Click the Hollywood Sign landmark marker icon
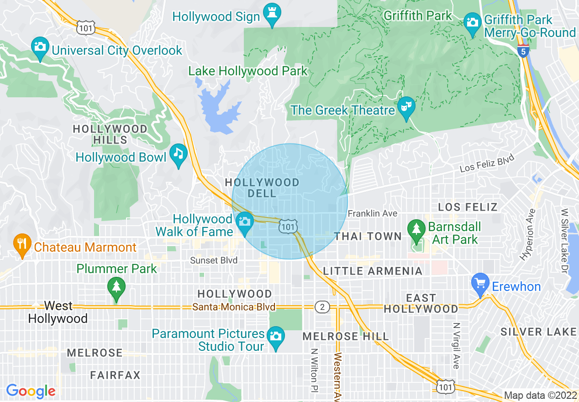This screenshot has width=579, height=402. (273, 15)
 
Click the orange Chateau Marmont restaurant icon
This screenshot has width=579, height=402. (21, 244)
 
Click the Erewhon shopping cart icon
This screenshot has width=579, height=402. (480, 284)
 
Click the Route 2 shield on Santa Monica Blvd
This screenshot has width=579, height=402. (322, 307)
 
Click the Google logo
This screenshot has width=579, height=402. (31, 391)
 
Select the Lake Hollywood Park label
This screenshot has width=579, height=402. (248, 71)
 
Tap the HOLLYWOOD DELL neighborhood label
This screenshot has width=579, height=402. (262, 188)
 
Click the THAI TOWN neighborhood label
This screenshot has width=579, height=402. (368, 236)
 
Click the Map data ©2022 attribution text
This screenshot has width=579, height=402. (540, 395)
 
